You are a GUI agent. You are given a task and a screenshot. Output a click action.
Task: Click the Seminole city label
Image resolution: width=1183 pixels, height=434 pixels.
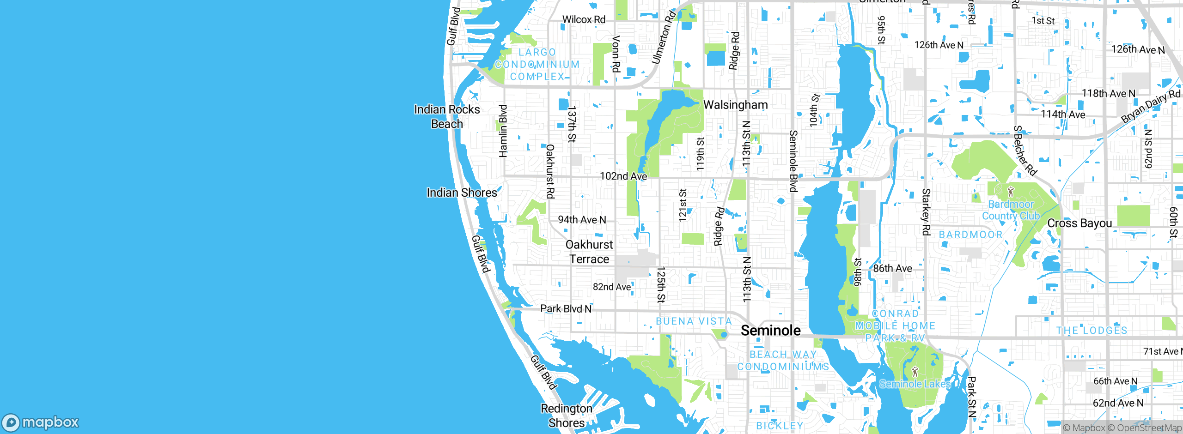point(770,331)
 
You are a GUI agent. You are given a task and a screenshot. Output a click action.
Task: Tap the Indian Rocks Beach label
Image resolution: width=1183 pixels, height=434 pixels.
point(447,116)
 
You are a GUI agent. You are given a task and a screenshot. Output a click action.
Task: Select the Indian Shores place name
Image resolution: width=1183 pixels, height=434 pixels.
point(462,193)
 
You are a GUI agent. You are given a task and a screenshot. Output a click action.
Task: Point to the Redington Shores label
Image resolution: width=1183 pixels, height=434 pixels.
point(567,416)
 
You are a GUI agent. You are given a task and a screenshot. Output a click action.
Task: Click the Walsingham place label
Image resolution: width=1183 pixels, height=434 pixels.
point(735,105)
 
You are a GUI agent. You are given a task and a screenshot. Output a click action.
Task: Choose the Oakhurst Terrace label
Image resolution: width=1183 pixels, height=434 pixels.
point(589,252)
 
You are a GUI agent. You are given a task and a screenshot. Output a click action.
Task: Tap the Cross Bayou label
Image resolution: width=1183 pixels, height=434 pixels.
point(1079,223)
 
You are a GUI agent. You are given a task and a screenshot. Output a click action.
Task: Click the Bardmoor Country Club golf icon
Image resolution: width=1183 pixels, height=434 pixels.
point(1011,191)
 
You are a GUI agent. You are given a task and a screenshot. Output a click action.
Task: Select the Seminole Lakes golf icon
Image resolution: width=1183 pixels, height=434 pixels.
point(915,371)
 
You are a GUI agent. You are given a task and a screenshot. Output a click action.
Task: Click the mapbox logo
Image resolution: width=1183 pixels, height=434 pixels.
point(41,422)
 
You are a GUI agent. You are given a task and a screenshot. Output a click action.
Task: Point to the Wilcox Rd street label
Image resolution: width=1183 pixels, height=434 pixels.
point(584,19)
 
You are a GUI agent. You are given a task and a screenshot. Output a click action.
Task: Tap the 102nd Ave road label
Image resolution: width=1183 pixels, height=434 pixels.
point(623,176)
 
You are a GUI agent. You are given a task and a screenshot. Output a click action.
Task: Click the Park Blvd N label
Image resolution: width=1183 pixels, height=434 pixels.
point(566,309)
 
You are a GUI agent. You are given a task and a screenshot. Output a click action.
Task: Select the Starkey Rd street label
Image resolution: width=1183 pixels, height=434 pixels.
point(926,212)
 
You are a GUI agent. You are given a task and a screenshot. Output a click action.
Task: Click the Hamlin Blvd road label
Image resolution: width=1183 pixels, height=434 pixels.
point(503,131)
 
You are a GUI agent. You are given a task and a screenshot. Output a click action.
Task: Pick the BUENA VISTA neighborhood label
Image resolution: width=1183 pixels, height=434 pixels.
point(694,321)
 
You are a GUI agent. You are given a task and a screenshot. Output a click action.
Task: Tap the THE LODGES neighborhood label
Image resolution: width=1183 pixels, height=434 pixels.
point(1092,331)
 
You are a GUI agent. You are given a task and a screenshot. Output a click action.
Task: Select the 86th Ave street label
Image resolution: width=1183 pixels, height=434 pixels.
point(892,268)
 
